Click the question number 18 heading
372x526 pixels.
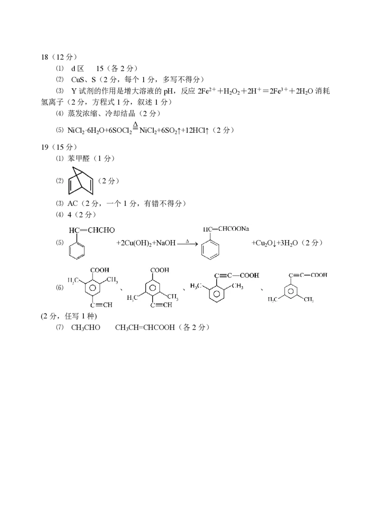45,57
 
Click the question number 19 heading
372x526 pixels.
45,147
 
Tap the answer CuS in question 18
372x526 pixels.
77,80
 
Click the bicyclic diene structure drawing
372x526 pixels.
80,181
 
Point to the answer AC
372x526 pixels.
73,203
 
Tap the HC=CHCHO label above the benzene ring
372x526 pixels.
92,230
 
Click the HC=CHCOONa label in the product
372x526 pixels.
226,229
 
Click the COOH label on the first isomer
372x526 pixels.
100,270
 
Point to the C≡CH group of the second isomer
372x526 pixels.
161,305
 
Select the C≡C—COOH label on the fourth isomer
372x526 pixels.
308,275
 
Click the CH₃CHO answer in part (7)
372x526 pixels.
86,327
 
